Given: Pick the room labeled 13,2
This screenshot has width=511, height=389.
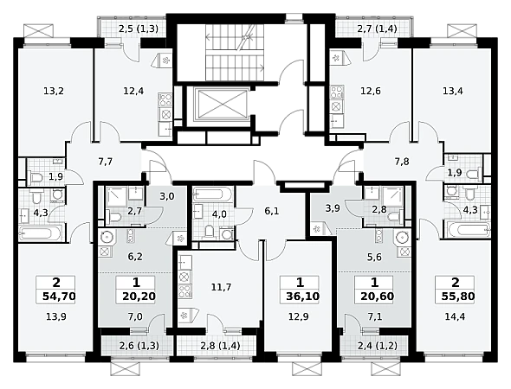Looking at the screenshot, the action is tap(54, 91).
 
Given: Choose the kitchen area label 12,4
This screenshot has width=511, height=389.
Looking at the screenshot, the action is tap(133, 91).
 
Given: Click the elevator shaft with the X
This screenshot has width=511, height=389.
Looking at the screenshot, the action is tap(222, 104).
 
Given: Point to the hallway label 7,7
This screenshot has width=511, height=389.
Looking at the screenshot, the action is tap(106, 162).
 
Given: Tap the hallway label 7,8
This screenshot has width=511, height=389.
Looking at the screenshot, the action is tap(402, 162).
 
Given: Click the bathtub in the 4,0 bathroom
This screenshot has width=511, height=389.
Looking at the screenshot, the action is tap(213, 195).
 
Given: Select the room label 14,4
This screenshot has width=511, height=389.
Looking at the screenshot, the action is tap(455, 316).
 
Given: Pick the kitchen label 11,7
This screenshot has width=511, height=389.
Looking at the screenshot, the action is tap(221, 287).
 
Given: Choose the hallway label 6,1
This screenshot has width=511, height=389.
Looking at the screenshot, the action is tap(271, 212).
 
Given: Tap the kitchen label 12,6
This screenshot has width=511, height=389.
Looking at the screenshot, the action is tap(370, 91).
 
